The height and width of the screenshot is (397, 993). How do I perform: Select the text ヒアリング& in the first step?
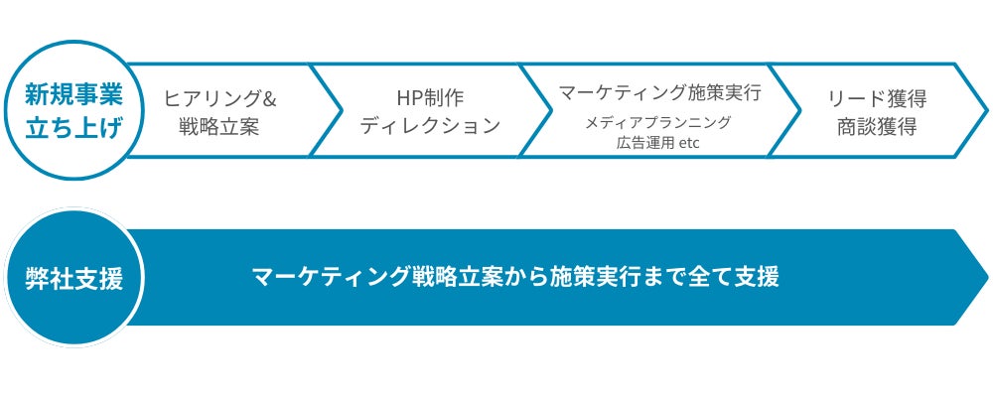click(219, 98)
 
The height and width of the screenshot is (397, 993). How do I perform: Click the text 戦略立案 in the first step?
click(219, 127)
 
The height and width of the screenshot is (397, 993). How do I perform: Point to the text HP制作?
click(429, 98)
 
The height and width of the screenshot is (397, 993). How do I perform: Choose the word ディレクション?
click(429, 127)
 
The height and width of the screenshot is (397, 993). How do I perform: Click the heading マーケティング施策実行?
click(659, 93)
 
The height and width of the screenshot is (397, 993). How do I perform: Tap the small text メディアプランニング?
click(657, 122)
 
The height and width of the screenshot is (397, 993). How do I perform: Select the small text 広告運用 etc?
click(658, 141)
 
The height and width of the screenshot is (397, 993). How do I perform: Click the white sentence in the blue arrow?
click(515, 277)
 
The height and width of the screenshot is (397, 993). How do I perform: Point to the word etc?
click(690, 141)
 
